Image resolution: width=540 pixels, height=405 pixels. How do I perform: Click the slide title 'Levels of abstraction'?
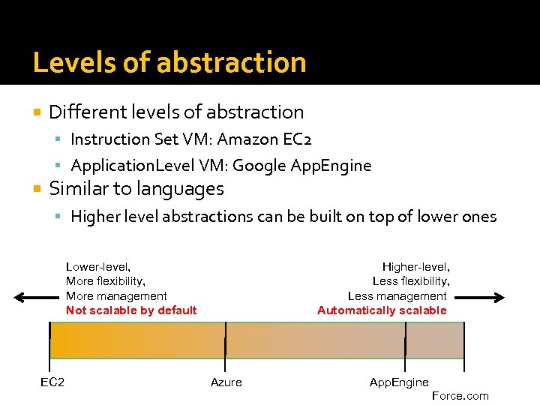coord(169,62)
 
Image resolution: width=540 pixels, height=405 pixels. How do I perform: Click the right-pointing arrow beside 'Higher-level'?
coord(481,298)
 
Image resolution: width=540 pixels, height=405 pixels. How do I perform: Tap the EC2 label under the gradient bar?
coord(52,382)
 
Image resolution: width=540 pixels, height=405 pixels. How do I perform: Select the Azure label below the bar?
coord(226,382)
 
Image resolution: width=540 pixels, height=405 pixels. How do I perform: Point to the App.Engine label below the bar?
coord(399,382)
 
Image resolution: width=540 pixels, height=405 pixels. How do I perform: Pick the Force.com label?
coord(460,396)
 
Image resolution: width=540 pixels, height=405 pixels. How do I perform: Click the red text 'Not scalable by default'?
coord(131,310)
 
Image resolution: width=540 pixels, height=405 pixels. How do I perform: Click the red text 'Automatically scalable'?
coord(382,310)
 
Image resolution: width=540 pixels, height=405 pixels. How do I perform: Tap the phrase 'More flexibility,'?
coord(106,281)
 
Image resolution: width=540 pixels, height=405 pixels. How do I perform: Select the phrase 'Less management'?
coord(397,296)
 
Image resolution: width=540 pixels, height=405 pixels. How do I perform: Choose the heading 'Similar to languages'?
coord(136,188)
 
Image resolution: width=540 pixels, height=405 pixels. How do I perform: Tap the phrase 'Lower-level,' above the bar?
coord(98,266)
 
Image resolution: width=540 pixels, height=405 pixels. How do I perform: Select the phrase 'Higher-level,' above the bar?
coord(415,266)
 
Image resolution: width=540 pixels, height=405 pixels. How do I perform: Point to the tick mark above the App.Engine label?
coord(405,340)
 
